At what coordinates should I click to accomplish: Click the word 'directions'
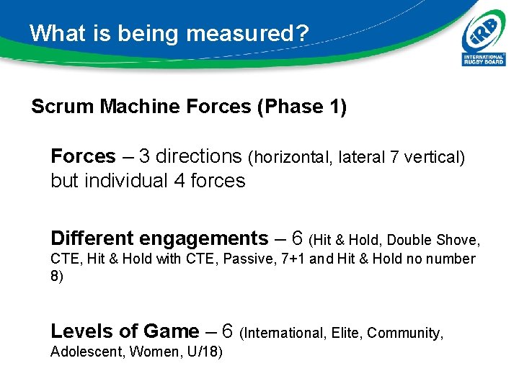tap(198, 156)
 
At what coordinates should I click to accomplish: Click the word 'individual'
tap(127, 181)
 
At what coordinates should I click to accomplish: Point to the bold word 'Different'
tap(92, 238)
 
